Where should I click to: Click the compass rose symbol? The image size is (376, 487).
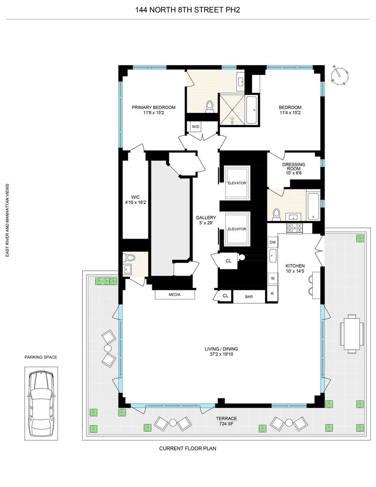[339, 75]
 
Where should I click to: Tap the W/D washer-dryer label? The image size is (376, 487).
[196, 127]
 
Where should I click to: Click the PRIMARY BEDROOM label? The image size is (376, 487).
[153, 111]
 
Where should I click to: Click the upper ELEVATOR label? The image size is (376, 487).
[237, 183]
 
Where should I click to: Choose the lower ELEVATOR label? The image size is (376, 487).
[237, 229]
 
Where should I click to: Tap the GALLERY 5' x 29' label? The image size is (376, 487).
[206, 221]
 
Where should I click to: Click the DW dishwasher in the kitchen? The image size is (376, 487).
[272, 242]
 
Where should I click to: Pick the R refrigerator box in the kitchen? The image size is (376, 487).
[272, 294]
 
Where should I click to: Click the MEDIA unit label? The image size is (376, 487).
[175, 295]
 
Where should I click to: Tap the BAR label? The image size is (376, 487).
[249, 296]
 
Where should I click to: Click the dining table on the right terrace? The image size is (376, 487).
[350, 333]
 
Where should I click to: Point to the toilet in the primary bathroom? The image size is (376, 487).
[210, 106]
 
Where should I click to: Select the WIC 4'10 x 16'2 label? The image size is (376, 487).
[135, 200]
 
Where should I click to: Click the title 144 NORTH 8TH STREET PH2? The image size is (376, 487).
[187, 8]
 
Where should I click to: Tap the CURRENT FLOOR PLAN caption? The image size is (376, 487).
[187, 449]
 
